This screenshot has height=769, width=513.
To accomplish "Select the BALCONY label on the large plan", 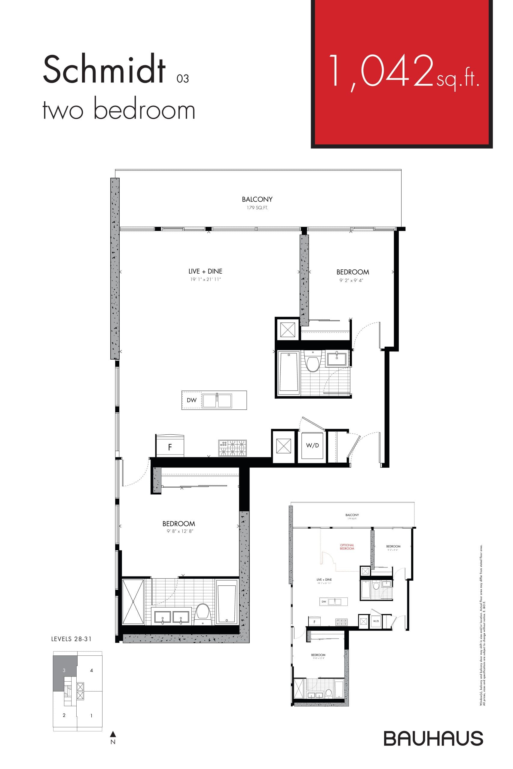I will click(x=257, y=199).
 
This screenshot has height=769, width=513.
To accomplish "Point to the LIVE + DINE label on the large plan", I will click(x=205, y=271).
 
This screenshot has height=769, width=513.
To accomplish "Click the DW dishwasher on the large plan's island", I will click(x=191, y=400).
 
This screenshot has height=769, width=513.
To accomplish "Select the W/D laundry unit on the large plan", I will click(x=312, y=445).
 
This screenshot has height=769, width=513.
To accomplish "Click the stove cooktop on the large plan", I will click(x=232, y=448).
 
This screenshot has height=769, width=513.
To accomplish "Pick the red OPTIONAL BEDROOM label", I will click(x=347, y=547).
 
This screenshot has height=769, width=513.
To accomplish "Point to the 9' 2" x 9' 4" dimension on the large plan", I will click(x=351, y=280).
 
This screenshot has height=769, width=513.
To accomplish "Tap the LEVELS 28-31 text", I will click(x=71, y=639).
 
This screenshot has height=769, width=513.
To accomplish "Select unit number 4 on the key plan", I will click(x=91, y=670).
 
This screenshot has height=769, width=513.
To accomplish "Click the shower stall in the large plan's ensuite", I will click(x=133, y=602).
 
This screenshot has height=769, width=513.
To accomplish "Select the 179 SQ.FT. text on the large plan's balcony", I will click(x=257, y=208).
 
